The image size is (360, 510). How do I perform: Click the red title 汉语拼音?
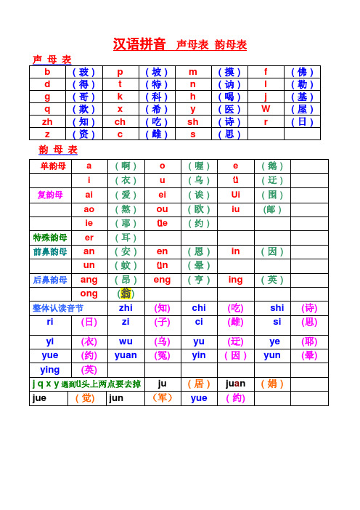coord(139,44)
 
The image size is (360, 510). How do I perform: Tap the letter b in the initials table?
coord(47,72)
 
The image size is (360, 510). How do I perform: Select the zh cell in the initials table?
coord(47,121)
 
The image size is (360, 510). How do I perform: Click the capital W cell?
coord(266,109)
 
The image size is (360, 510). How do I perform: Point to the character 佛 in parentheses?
coord(302,72)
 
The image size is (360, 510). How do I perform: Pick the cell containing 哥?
coord(83,97)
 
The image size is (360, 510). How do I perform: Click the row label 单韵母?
coord(52,166)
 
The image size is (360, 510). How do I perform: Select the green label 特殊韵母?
coord(50,238)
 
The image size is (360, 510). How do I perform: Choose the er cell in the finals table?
coord(89,238)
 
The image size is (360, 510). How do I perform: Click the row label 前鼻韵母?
coord(50,251)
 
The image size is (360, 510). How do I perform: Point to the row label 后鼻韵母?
coord(50,280)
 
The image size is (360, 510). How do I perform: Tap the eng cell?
coord(162,280)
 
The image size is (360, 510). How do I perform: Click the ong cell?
coord(89,294)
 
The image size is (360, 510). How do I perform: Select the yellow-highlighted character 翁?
coord(126,294)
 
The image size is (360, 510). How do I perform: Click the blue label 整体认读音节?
coord(58,308)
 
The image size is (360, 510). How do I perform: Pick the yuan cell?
coord(126,356)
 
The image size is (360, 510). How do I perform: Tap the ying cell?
coord(50,370)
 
